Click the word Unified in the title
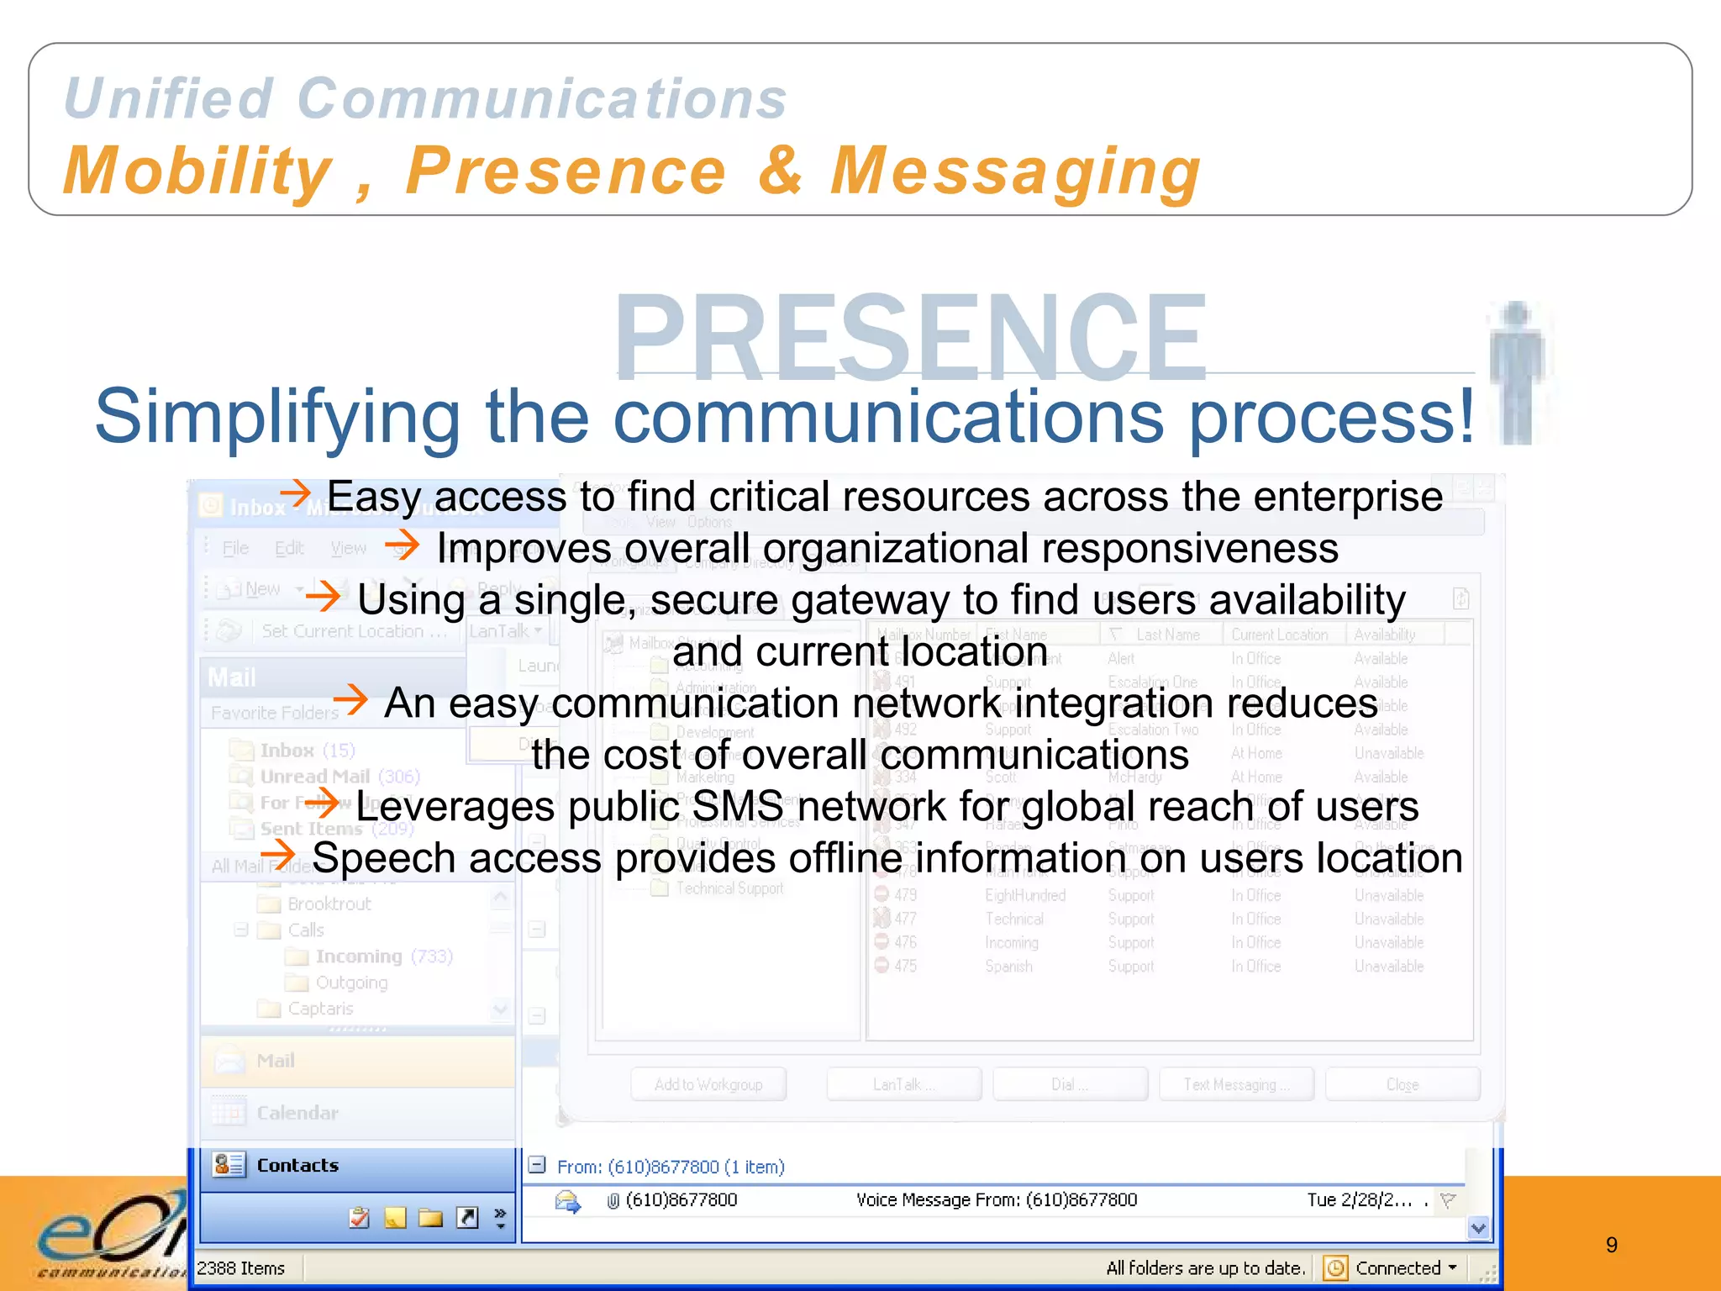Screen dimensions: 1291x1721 [x=168, y=98]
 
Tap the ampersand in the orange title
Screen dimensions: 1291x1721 [x=780, y=170]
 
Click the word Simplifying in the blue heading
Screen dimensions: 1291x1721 [x=277, y=416]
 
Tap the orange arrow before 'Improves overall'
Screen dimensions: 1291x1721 [x=402, y=545]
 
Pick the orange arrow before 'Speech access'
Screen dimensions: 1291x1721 [x=278, y=856]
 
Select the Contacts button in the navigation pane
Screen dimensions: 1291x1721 [x=297, y=1165]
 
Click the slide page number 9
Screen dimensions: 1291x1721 [x=1611, y=1245]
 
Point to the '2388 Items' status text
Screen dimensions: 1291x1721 [x=241, y=1267]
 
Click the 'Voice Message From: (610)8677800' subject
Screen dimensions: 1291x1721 [x=996, y=1199]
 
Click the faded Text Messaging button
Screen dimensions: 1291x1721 [x=1234, y=1084]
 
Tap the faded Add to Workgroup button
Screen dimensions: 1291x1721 [x=708, y=1084]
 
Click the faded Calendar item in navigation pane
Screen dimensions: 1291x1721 [x=297, y=1113]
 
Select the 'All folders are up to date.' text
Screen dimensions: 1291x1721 [x=1205, y=1267]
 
